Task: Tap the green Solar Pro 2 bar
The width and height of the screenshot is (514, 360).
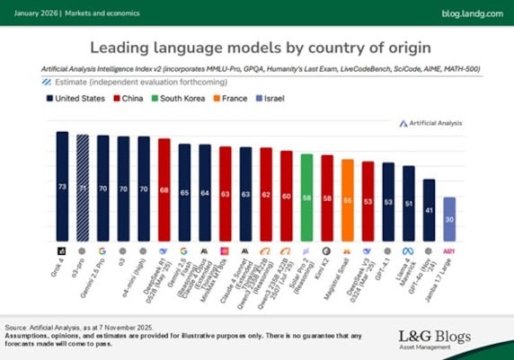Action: point(306,197)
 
